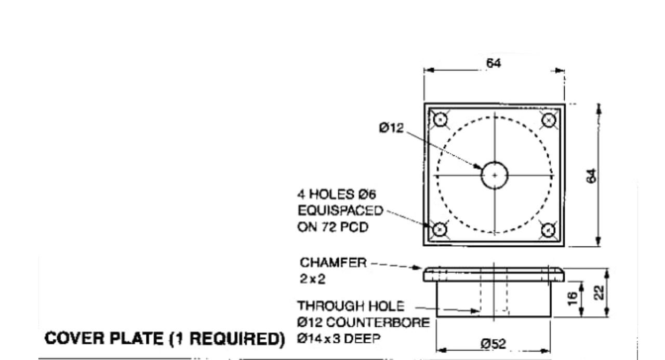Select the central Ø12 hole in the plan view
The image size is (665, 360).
point(494,176)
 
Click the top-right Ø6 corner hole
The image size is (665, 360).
point(548,120)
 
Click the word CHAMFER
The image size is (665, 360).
point(329,263)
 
